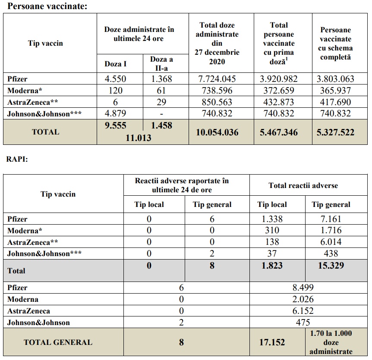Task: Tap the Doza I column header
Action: click(x=116, y=64)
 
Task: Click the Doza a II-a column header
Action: click(x=165, y=63)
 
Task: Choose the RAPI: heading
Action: click(x=17, y=158)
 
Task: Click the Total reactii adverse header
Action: click(x=303, y=186)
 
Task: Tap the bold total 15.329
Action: click(x=331, y=265)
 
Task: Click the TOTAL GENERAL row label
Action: click(x=58, y=342)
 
